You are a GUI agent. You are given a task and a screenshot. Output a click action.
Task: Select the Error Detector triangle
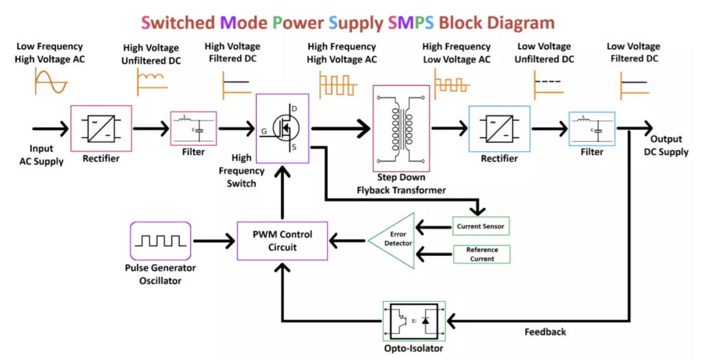pyautogui.click(x=395, y=240)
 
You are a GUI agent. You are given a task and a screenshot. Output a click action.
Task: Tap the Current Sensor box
pyautogui.click(x=481, y=225)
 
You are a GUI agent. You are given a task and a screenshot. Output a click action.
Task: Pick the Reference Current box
pyautogui.click(x=481, y=254)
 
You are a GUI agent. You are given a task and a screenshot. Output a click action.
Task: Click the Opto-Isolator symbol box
pyautogui.click(x=413, y=320)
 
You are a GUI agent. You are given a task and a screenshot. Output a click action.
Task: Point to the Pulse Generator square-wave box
pyautogui.click(x=160, y=240)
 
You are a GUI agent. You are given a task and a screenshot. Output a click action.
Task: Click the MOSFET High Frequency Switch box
pyautogui.click(x=282, y=128)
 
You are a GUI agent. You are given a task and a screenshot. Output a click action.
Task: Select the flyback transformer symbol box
pyautogui.click(x=400, y=128)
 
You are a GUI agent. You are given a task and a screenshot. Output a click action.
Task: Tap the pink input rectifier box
pyautogui.click(x=101, y=128)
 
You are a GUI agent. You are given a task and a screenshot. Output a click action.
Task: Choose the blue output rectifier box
pyautogui.click(x=498, y=128)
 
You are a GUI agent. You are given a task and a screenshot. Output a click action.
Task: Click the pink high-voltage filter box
pyautogui.click(x=193, y=128)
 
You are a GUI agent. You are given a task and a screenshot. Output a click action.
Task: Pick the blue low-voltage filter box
pyautogui.click(x=591, y=128)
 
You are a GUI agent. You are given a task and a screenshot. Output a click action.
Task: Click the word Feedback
pyautogui.click(x=546, y=332)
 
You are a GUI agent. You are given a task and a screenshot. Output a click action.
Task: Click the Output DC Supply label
pyautogui.click(x=666, y=146)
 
